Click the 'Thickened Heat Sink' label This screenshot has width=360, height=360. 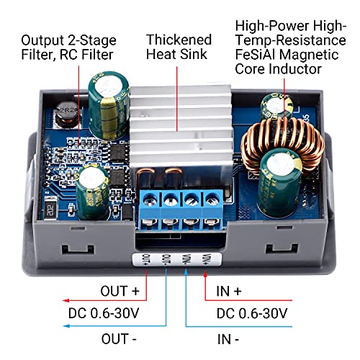(x=179, y=47)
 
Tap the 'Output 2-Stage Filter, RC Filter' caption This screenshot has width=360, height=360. (x=68, y=47)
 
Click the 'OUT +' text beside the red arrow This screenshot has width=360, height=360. (x=122, y=292)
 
